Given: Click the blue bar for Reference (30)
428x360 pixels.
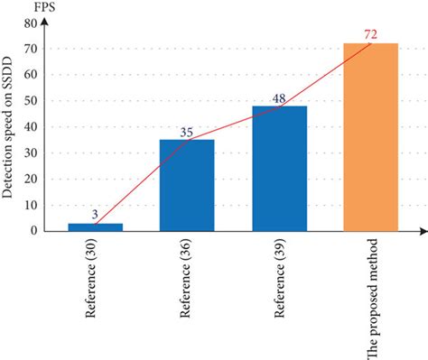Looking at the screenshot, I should [95, 226].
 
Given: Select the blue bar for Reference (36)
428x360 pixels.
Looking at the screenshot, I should [187, 185].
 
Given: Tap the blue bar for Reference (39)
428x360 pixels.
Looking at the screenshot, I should [279, 168].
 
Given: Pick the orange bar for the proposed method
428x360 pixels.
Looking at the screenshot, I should [370, 136].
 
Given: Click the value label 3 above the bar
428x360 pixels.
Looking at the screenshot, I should [96, 215].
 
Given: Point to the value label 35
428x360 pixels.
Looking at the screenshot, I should [187, 132].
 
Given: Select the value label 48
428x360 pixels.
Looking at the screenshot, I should [279, 98].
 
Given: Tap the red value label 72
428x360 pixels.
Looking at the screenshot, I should [371, 34].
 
